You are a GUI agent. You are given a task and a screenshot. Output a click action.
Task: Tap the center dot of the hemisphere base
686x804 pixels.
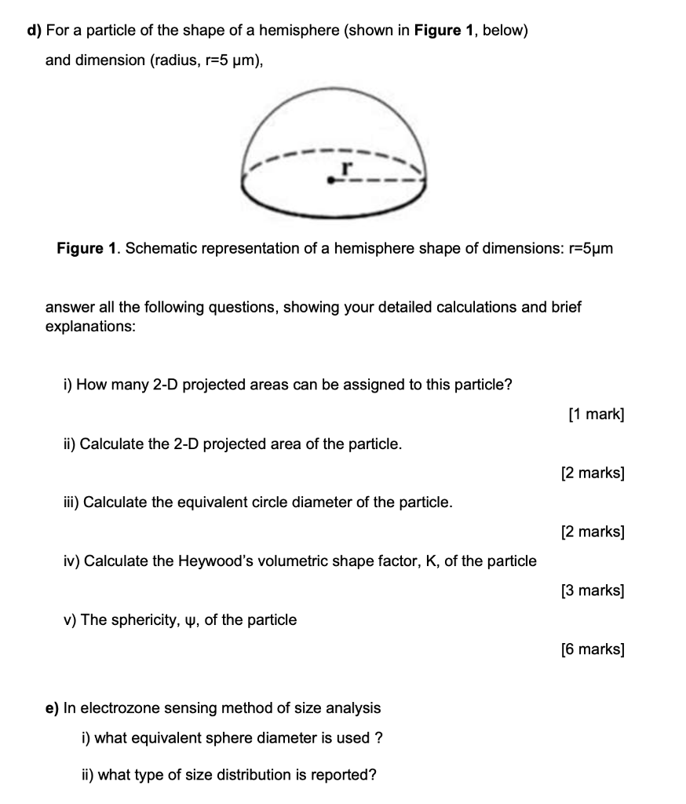(x=332, y=181)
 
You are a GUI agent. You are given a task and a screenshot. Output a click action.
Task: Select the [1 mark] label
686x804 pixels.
(x=596, y=415)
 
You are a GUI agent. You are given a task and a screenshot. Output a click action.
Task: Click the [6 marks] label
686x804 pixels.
(x=593, y=649)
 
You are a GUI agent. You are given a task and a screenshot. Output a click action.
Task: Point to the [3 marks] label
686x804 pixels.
(x=593, y=590)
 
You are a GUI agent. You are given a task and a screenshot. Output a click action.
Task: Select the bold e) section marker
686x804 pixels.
(x=52, y=708)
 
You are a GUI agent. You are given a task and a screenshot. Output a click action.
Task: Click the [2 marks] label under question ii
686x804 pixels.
(x=593, y=473)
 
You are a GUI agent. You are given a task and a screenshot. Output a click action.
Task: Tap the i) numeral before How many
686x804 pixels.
(x=68, y=385)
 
